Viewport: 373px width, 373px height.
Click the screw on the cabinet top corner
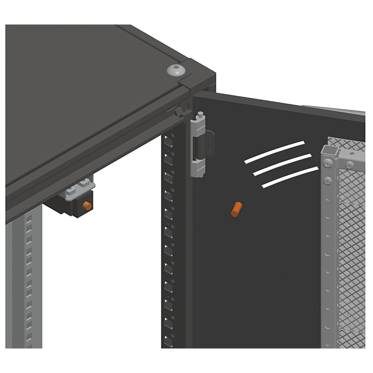coord(177,70)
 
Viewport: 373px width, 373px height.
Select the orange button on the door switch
coord(86,205)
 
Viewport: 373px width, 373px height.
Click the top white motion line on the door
coord(274,152)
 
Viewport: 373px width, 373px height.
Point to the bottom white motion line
coord(290,177)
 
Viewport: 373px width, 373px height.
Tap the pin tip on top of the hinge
coord(200,114)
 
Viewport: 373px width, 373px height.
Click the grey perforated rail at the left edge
coord(28,280)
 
